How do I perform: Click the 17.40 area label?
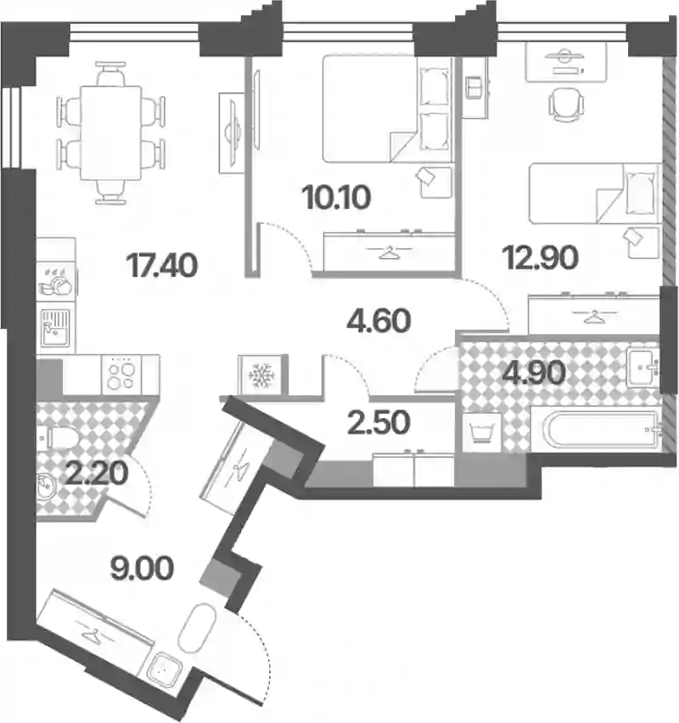[162, 266]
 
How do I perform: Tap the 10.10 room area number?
[337, 197]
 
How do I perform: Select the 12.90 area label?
[541, 257]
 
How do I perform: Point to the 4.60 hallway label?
[379, 321]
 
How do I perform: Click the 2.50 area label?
[379, 423]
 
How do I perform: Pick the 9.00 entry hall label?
[142, 568]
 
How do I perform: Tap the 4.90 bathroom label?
[534, 373]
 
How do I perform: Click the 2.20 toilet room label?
[96, 473]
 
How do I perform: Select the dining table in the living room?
[110, 133]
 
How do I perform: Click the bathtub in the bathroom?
[600, 429]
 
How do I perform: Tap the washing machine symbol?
[482, 433]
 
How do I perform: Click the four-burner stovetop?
[121, 375]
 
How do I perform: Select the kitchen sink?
[55, 328]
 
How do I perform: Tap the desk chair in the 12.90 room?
[566, 104]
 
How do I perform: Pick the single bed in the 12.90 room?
[595, 193]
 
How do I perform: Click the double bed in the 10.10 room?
[387, 109]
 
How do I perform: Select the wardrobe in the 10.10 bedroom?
[390, 251]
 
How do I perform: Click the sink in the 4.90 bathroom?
[643, 368]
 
